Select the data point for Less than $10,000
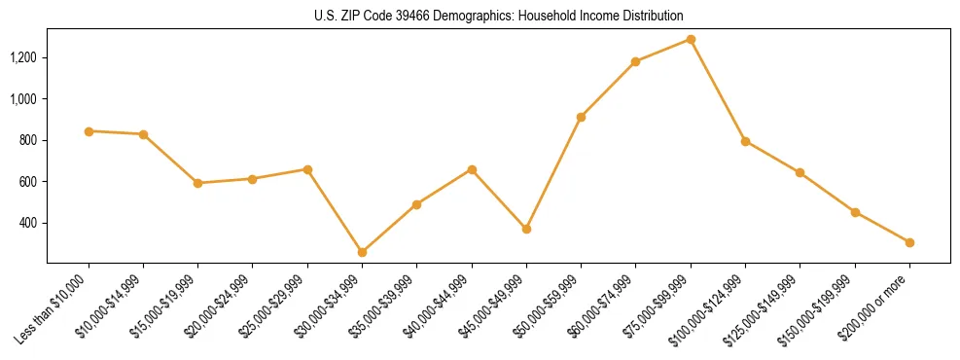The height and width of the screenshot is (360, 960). tap(89, 130)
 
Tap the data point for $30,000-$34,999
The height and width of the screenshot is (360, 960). tap(362, 252)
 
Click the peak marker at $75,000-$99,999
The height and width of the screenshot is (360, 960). tap(691, 39)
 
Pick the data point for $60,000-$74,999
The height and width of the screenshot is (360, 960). tap(635, 61)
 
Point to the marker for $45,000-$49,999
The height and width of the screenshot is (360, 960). tap(526, 229)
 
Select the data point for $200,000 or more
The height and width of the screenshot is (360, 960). tap(909, 242)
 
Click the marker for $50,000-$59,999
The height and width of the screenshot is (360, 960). tap(581, 117)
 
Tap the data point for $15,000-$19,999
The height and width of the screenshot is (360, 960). tap(197, 183)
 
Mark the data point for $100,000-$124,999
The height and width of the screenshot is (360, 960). tap(745, 141)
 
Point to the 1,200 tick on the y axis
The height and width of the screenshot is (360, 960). tap(22, 57)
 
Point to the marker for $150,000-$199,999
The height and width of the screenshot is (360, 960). tap(855, 212)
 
